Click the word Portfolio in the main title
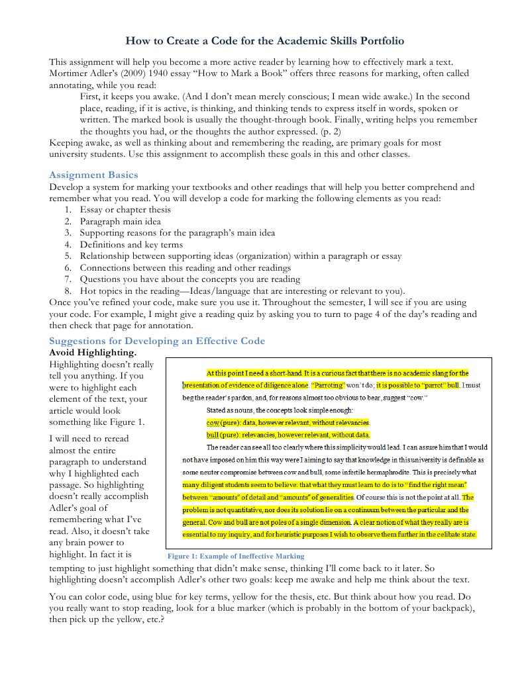370,41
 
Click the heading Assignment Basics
93,175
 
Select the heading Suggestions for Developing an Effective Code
157,341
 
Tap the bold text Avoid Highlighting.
93,352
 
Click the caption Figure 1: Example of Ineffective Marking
236,556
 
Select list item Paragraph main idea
120,222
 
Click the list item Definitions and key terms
131,244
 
